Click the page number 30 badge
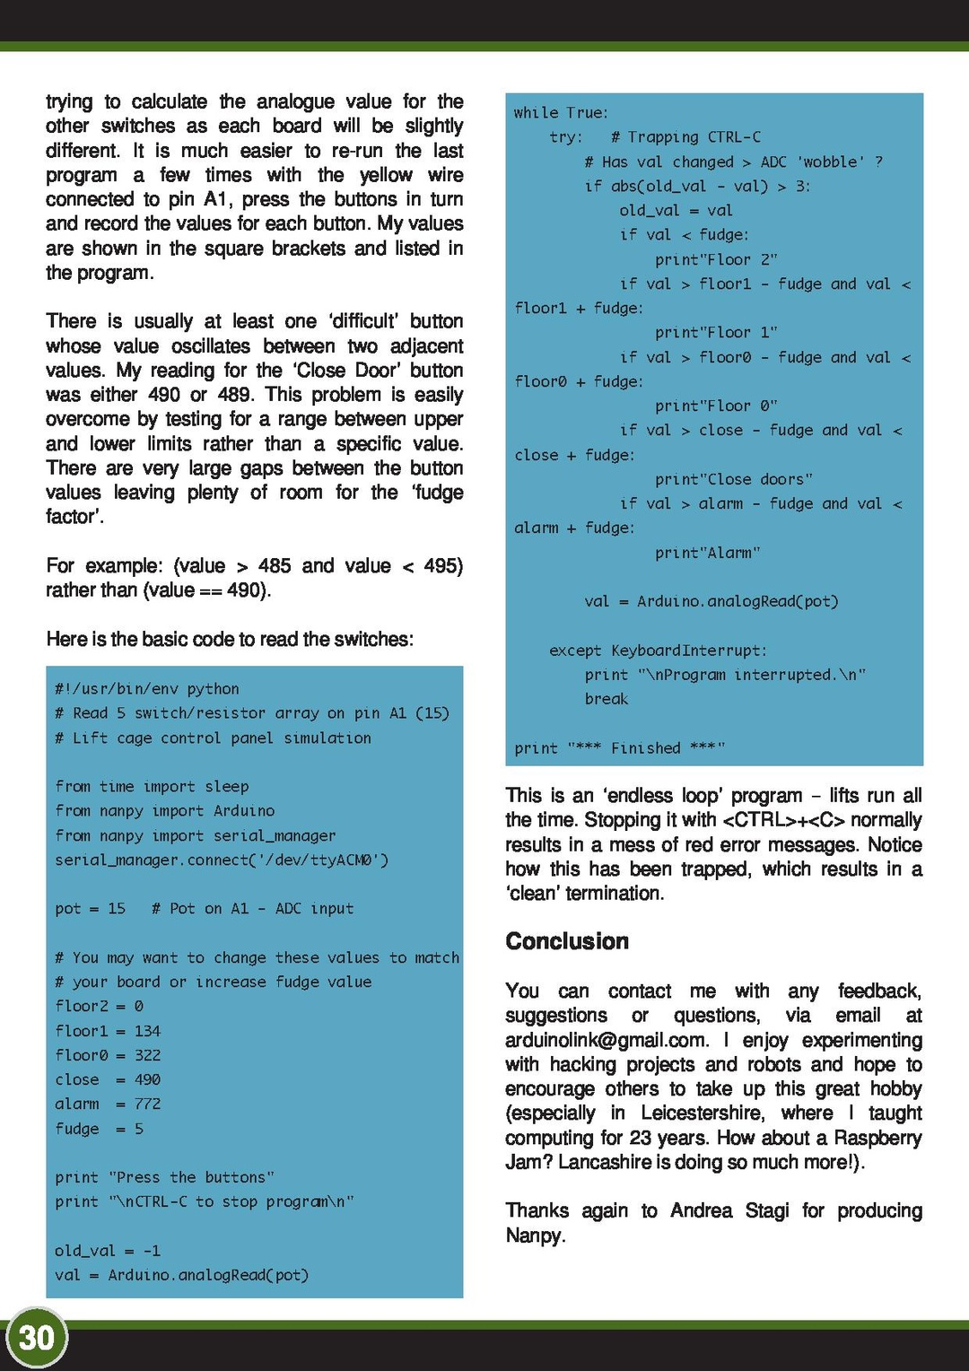(36, 1338)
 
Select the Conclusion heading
(567, 941)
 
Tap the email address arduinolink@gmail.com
(607, 1040)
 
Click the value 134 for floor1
(147, 1031)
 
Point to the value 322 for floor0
(147, 1055)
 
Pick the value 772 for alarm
(147, 1104)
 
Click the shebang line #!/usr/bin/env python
(147, 689)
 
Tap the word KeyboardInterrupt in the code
(688, 651)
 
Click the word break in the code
(607, 699)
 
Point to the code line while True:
(561, 113)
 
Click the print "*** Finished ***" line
(619, 748)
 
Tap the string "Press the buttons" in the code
(191, 1177)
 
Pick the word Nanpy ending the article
(535, 1236)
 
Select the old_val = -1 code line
(108, 1251)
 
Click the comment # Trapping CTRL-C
(685, 137)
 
